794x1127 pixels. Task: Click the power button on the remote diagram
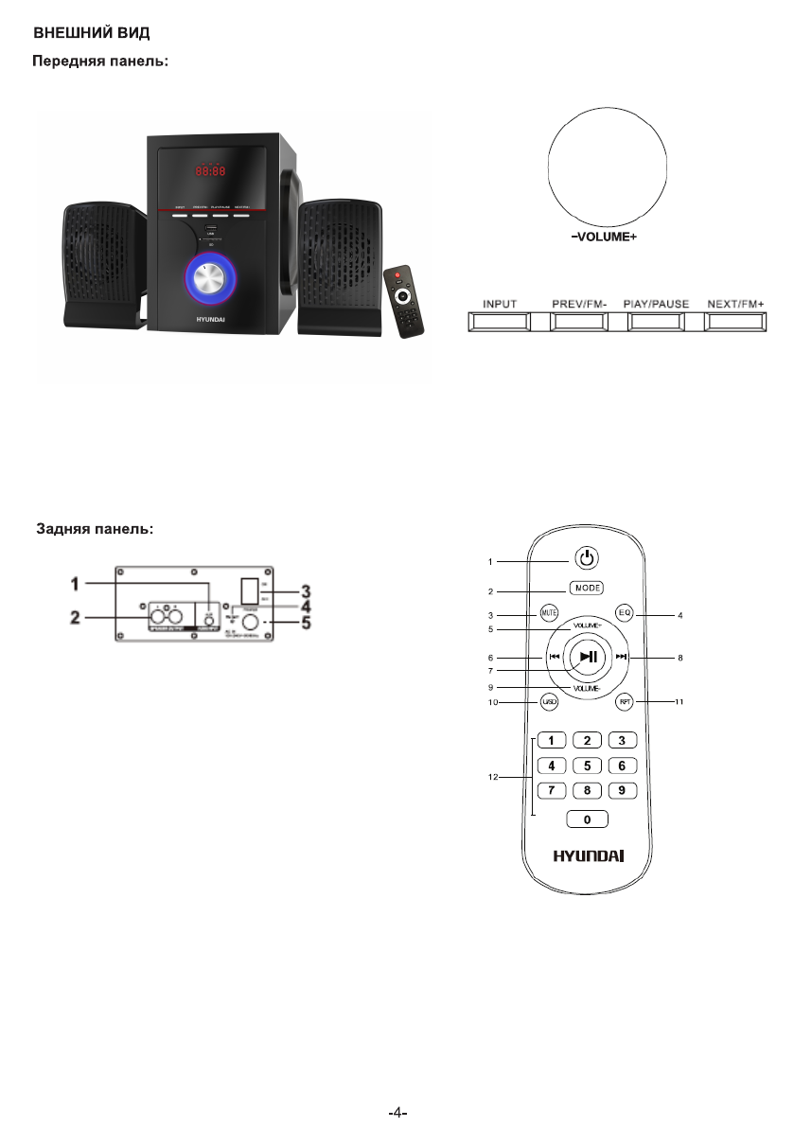(x=587, y=558)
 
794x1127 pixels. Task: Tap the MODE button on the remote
(x=587, y=588)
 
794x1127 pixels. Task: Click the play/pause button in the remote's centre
(x=588, y=656)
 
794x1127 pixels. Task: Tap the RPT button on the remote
(x=624, y=701)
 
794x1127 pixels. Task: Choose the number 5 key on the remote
(x=587, y=765)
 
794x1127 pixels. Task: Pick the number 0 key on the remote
(x=587, y=819)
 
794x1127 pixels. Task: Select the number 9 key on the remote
(x=620, y=789)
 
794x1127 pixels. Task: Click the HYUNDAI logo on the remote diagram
(x=588, y=855)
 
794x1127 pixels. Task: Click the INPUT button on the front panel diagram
(x=499, y=322)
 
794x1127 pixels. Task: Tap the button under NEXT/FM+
(x=736, y=322)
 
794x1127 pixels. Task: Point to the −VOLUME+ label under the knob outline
(x=596, y=237)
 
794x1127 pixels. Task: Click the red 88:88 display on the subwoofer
(x=210, y=172)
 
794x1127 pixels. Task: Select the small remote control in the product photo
(x=405, y=301)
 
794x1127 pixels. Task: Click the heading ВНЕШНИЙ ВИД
(x=93, y=33)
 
